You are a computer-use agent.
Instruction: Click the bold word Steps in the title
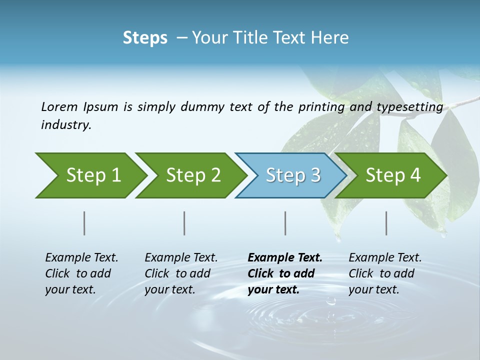point(145,38)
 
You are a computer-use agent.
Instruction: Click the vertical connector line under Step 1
point(84,223)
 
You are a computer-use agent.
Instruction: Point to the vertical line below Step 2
point(184,223)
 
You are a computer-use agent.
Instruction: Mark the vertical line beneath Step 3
point(285,223)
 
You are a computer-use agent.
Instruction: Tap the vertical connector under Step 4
point(386,223)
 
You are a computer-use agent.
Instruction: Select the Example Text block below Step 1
point(81,273)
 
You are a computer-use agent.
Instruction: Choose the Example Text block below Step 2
point(181,273)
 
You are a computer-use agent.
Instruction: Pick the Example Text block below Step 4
point(385,273)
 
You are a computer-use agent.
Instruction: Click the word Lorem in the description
point(59,106)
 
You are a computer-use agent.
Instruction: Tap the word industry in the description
point(66,125)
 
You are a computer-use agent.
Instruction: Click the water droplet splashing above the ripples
point(330,301)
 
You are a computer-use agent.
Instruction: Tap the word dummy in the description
point(203,107)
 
